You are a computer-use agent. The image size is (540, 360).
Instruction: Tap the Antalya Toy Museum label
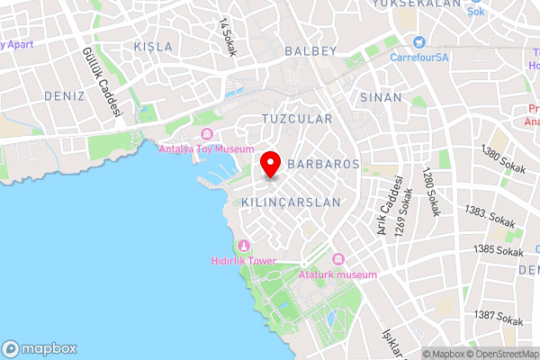click(206, 149)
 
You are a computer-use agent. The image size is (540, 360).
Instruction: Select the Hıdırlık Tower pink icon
click(243, 246)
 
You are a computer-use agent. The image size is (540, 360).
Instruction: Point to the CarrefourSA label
click(419, 57)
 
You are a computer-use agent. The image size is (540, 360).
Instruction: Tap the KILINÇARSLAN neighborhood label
click(292, 203)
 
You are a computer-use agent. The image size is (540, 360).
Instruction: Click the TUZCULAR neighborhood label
click(297, 119)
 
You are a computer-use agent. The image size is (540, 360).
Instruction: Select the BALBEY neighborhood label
click(310, 51)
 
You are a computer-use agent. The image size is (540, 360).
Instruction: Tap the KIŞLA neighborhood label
click(152, 46)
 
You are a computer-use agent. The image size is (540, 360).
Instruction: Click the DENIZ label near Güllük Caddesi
click(63, 95)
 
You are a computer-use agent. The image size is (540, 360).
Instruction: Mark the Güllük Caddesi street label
click(102, 82)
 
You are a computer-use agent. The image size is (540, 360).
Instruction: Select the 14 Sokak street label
click(227, 36)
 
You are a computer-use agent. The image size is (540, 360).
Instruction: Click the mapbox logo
click(40, 348)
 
